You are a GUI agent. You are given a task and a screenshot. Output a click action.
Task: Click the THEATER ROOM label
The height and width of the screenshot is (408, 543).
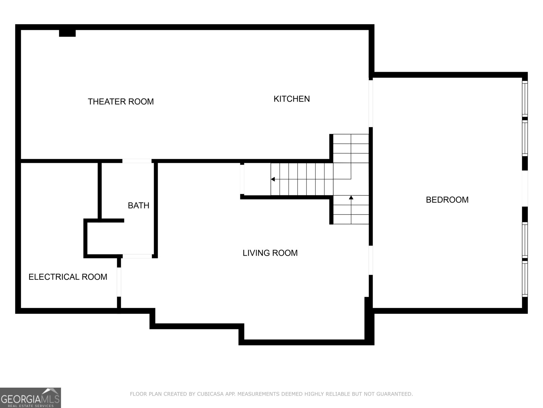[121, 102]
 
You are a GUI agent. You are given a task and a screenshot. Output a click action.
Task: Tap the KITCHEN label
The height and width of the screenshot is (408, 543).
[292, 99]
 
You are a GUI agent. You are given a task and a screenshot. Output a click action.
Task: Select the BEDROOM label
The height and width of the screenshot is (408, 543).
[447, 200]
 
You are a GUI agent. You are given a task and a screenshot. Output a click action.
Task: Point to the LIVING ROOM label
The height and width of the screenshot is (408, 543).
[270, 253]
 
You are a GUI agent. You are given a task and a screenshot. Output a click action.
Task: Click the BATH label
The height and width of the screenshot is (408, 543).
[138, 205]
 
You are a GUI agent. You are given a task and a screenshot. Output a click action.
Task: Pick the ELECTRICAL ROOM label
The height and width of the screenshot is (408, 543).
[68, 277]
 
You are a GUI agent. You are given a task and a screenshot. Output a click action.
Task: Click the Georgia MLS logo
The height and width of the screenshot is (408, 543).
[30, 398]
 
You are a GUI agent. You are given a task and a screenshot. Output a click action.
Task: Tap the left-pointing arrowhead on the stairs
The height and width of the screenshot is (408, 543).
[273, 179]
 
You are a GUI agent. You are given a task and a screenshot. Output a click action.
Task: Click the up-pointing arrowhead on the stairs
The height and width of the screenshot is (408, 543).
[351, 198]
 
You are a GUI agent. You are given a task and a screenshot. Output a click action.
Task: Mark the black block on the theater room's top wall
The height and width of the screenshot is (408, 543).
[67, 33]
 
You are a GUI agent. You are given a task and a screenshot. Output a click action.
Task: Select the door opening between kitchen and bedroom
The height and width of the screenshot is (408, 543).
[371, 103]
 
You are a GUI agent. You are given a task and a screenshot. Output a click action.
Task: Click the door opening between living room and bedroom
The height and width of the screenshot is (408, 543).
[371, 260]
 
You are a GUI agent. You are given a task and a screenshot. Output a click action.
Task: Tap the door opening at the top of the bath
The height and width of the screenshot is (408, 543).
[137, 161]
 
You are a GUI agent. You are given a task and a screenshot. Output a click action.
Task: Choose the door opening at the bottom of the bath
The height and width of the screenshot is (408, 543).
[137, 256]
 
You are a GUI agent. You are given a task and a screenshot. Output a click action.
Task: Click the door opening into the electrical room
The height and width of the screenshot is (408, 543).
[119, 282]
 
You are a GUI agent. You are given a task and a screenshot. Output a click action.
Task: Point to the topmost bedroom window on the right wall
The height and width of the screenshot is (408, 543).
[525, 99]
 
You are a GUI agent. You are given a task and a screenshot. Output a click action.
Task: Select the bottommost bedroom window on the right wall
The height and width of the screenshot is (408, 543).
[525, 278]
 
